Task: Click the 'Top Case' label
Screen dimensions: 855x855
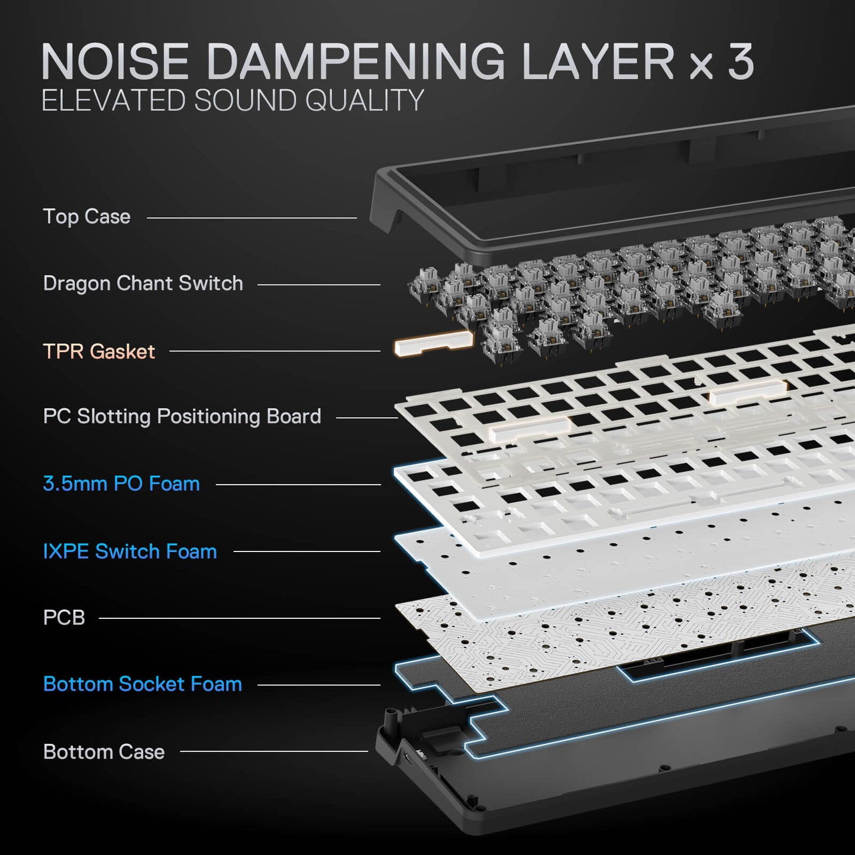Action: tap(87, 217)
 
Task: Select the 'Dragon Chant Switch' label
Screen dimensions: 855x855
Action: tap(143, 283)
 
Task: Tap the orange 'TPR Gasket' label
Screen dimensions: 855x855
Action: tap(99, 351)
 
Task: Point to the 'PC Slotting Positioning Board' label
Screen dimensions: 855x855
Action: tap(182, 417)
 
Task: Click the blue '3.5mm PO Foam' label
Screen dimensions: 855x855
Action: tap(121, 483)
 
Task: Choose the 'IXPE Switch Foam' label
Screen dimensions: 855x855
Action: tap(130, 551)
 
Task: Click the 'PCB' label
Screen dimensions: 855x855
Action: tap(64, 618)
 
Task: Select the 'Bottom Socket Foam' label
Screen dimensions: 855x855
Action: tap(143, 684)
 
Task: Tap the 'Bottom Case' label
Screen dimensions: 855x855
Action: tap(104, 751)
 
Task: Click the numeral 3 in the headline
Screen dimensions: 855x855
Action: tap(741, 62)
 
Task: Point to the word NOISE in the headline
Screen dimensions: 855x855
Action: tap(115, 62)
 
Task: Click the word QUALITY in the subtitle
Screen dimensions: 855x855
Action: tap(364, 100)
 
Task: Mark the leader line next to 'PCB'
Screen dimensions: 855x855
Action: tap(240, 618)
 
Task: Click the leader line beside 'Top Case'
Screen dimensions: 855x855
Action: tap(252, 218)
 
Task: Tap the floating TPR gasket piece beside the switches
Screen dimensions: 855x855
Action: tap(434, 344)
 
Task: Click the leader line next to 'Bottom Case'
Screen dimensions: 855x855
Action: tap(274, 751)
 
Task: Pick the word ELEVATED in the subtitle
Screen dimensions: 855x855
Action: tap(113, 100)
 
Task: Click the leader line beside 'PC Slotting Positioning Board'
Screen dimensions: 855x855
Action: tap(367, 418)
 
